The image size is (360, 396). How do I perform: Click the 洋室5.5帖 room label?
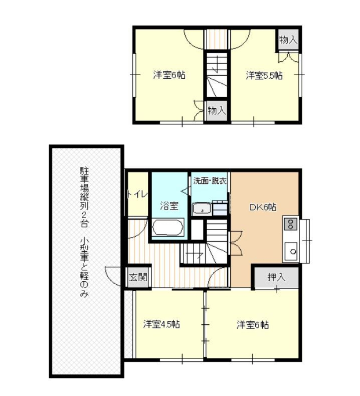(x=264, y=76)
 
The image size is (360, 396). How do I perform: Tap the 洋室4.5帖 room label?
(x=162, y=324)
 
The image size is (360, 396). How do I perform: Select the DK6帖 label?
(x=263, y=207)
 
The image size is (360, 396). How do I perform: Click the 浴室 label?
(x=169, y=206)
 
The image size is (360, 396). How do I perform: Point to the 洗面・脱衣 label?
(x=209, y=180)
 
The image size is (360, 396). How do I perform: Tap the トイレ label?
(x=137, y=194)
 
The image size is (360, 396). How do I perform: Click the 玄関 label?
(x=138, y=277)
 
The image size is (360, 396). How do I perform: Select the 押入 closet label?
(x=276, y=277)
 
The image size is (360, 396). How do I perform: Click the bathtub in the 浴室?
(x=168, y=227)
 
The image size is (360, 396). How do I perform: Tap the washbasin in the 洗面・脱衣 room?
(x=202, y=209)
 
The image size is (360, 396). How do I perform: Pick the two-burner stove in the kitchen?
(x=291, y=224)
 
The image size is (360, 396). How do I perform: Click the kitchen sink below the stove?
(x=291, y=251)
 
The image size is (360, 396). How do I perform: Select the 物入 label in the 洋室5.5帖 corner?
(x=288, y=40)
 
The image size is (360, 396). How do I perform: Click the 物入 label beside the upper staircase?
(x=216, y=110)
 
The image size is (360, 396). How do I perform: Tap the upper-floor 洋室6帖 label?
(x=169, y=75)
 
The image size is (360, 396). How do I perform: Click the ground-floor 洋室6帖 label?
(x=253, y=325)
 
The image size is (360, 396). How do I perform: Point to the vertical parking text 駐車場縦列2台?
(x=84, y=196)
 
